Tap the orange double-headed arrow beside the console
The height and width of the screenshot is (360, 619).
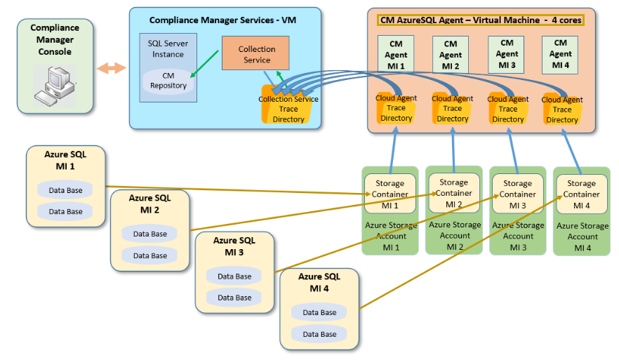click(x=112, y=68)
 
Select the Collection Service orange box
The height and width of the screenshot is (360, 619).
click(x=256, y=54)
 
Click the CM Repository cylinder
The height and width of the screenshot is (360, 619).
click(x=168, y=81)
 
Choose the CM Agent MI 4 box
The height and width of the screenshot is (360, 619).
click(x=560, y=54)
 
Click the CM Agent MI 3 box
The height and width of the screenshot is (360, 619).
click(x=507, y=54)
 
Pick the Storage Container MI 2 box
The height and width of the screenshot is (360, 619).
click(x=453, y=193)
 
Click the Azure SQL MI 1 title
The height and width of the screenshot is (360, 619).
click(x=65, y=159)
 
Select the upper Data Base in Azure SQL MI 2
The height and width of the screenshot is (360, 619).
click(x=150, y=234)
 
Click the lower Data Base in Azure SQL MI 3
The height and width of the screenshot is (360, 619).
click(x=234, y=298)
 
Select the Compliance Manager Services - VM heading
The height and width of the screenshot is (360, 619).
click(x=222, y=20)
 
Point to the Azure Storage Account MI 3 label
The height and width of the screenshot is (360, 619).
click(x=518, y=236)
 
